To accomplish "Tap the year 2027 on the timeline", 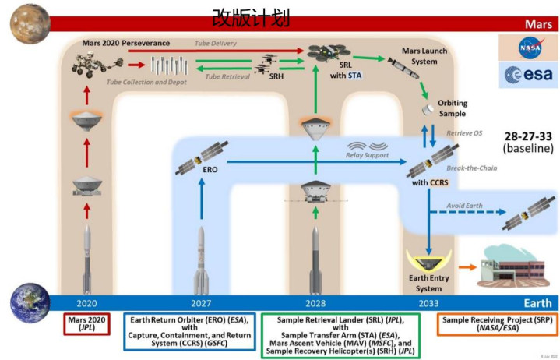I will tap(202, 303).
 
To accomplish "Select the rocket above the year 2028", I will tap(315, 257).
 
